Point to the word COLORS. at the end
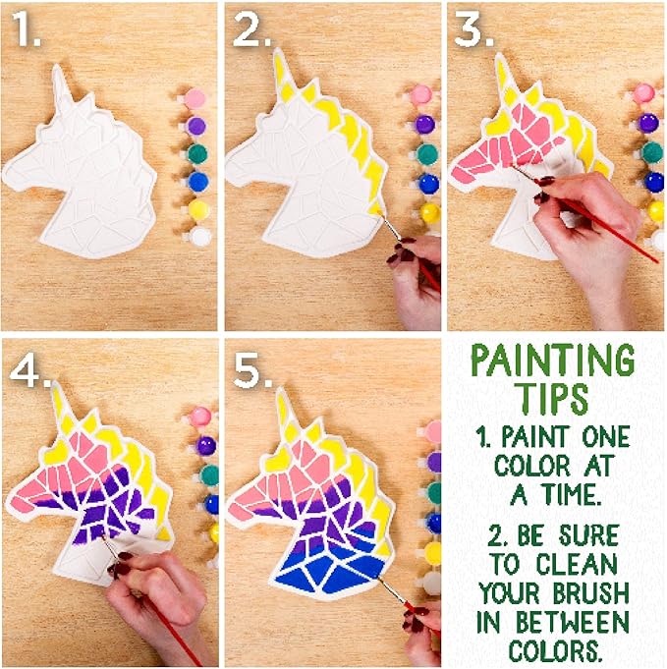pyautogui.click(x=554, y=650)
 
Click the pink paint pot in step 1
pyautogui.click(x=195, y=98)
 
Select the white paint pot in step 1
pyautogui.click(x=199, y=236)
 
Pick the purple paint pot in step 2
pyautogui.click(x=424, y=125)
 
